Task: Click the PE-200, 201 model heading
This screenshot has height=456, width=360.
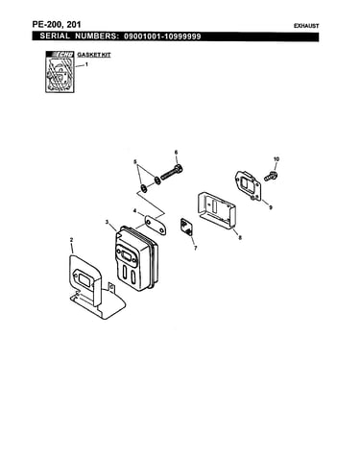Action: click(57, 24)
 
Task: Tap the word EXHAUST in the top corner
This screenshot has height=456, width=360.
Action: click(306, 26)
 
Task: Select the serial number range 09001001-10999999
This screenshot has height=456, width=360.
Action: click(162, 36)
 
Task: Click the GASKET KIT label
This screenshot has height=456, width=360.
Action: click(94, 55)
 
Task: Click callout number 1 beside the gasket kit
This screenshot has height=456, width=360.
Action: click(86, 64)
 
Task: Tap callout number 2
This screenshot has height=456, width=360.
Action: click(71, 240)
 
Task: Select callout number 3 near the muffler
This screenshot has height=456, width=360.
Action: click(107, 222)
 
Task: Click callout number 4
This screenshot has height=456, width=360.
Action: click(134, 211)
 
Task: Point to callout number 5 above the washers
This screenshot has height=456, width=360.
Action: click(135, 161)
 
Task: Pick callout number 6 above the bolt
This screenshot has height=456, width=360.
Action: click(176, 152)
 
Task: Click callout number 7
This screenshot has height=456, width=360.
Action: click(195, 248)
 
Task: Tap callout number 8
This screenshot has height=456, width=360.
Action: click(240, 237)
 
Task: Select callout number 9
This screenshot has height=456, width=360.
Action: click(271, 207)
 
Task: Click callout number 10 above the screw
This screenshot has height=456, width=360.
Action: click(276, 159)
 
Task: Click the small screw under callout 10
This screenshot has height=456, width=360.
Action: click(271, 176)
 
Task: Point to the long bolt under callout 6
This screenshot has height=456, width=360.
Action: click(172, 172)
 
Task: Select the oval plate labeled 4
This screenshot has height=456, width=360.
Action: click(156, 225)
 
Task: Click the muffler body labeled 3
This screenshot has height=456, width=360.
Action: click(135, 257)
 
